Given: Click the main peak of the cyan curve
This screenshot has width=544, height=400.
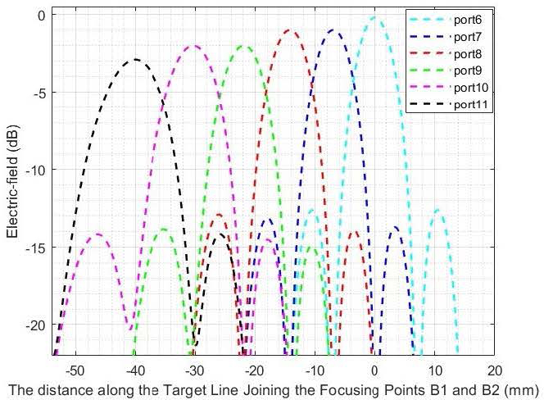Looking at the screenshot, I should click(x=374, y=17).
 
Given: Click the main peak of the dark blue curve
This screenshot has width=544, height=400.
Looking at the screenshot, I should click(x=333, y=30).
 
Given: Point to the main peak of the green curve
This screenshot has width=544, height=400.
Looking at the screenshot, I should click(x=243, y=47).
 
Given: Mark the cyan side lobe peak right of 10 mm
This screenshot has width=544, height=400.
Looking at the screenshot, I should click(x=438, y=211).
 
